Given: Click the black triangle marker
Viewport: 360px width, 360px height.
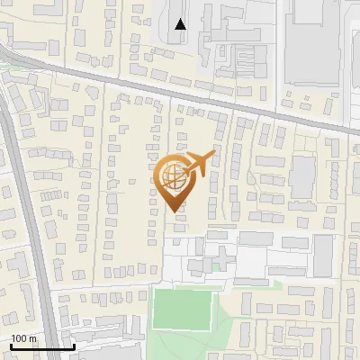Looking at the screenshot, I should pyautogui.click(x=181, y=24).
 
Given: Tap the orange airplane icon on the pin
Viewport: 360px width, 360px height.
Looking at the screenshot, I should pyautogui.click(x=197, y=164).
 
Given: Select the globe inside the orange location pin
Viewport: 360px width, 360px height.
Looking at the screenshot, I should pyautogui.click(x=173, y=174).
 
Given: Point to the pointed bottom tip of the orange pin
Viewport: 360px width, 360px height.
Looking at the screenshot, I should pyautogui.click(x=174, y=210).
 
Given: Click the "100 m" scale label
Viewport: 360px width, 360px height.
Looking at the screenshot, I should pyautogui.click(x=24, y=338).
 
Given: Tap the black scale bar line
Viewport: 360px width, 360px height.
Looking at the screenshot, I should pyautogui.click(x=41, y=346).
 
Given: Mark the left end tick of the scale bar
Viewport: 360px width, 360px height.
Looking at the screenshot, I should pyautogui.click(x=10, y=345).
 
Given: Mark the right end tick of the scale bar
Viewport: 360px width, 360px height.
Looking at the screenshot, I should pyautogui.click(x=73, y=345).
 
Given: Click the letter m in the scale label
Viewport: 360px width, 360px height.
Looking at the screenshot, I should pyautogui.click(x=33, y=338).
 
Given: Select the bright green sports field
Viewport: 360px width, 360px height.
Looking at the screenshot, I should pyautogui.click(x=180, y=308).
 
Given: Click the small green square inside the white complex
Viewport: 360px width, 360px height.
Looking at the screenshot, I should pyautogui.click(x=215, y=266).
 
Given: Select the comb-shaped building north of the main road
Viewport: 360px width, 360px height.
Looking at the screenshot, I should pyautogui.click(x=243, y=61).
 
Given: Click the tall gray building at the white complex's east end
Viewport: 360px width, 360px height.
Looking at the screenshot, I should pyautogui.click(x=323, y=256).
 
